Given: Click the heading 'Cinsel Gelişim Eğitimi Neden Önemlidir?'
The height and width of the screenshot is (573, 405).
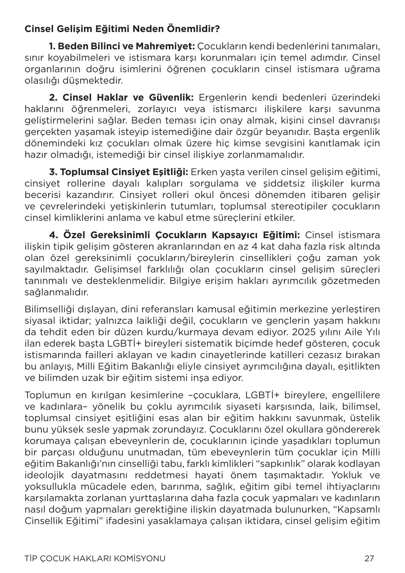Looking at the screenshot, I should pyautogui.click(x=122, y=29).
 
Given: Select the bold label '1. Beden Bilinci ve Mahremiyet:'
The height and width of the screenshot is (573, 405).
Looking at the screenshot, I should pyautogui.click(x=122, y=46).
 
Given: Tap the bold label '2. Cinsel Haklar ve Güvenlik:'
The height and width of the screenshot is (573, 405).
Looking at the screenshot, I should pyautogui.click(x=121, y=98).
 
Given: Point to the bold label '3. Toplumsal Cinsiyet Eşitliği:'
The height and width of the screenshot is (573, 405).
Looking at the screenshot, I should pyautogui.click(x=118, y=172).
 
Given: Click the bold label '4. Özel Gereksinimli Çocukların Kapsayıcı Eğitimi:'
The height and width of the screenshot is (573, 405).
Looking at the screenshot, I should pyautogui.click(x=175, y=235).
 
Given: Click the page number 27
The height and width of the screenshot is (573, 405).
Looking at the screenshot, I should pyautogui.click(x=369, y=558).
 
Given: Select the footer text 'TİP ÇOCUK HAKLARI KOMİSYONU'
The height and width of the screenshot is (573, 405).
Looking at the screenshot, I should pyautogui.click(x=95, y=558).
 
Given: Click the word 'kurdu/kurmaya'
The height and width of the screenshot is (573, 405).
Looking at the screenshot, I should pyautogui.click(x=202, y=332).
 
